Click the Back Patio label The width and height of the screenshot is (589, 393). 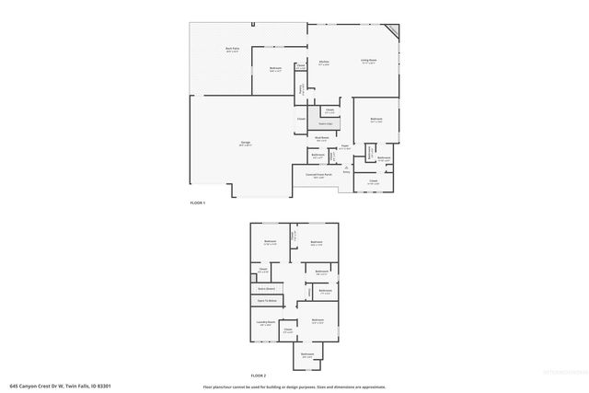coord(233,50)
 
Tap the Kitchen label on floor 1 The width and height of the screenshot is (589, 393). coord(323,64)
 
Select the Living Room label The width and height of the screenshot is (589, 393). coord(369,61)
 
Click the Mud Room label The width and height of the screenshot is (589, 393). coord(322,138)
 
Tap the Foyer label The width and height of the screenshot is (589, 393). coord(344,146)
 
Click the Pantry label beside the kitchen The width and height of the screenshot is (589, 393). coord(301,88)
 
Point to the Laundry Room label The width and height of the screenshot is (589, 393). coord(266,323)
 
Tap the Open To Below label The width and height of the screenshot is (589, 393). coord(266,300)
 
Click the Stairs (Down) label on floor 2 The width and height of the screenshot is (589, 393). coord(266,288)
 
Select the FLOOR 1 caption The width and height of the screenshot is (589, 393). coord(198,202)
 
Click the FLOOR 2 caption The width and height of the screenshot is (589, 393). coord(259,376)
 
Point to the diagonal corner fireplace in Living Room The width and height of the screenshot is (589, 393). coord(395,33)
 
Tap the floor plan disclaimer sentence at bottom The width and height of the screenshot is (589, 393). coord(294,387)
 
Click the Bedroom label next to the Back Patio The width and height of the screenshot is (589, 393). coord(275,69)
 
